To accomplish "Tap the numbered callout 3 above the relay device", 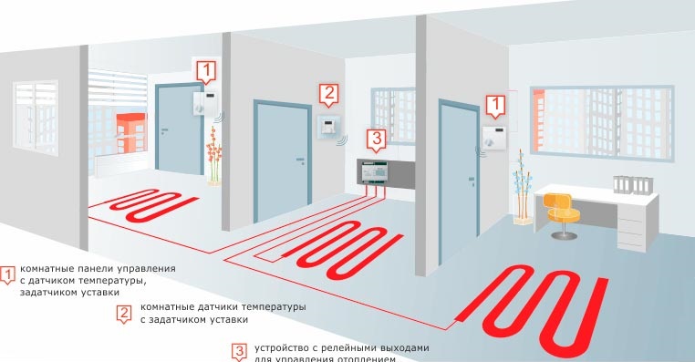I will [x=374, y=140].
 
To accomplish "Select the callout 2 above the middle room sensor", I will [x=329, y=93].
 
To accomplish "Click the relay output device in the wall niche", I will [x=377, y=172].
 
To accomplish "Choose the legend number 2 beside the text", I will [x=124, y=314].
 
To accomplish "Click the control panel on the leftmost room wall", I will [x=205, y=101].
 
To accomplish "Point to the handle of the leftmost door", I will [x=166, y=132].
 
